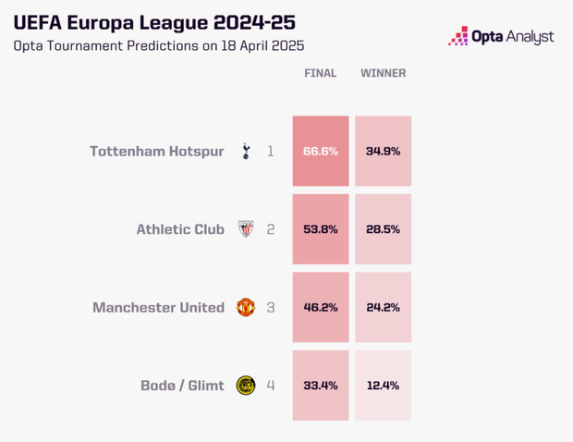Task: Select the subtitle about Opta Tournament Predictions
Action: [158, 45]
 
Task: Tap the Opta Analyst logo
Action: [501, 36]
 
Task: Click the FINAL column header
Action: [321, 73]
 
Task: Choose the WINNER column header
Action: [383, 73]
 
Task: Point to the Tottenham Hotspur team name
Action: [157, 151]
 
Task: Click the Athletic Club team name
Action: [180, 229]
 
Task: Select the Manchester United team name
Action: [158, 307]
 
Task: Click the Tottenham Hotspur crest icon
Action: [246, 151]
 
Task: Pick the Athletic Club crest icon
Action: [246, 229]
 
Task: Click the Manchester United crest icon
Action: [246, 307]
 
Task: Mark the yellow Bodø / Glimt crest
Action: [246, 386]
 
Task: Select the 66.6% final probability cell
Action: [321, 151]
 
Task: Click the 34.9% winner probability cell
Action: [383, 151]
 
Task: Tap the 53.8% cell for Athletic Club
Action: [321, 229]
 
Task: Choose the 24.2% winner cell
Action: [383, 307]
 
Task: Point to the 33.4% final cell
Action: [321, 386]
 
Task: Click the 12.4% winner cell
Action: [383, 386]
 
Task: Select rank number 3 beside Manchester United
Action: [271, 307]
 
